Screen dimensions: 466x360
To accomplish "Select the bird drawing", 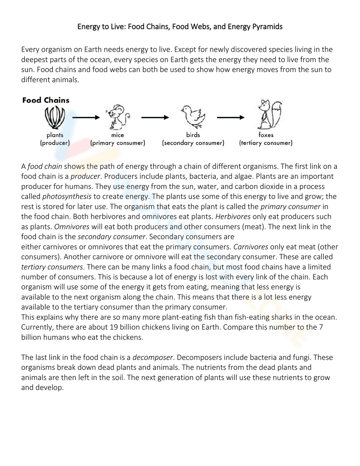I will tap(193, 117).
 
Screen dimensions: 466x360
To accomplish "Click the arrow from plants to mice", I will tap(86, 117).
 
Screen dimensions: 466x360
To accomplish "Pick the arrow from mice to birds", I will tap(155, 117).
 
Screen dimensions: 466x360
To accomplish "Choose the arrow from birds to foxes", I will tap(231, 117).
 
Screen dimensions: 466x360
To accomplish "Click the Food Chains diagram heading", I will tap(46, 100).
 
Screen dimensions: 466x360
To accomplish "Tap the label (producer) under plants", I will tap(55, 143).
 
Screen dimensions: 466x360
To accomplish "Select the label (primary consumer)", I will tap(118, 143).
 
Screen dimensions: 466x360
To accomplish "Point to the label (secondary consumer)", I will tap(193, 143).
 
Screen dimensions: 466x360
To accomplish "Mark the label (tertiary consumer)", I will tap(266, 143).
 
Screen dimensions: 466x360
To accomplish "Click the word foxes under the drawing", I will tap(266, 135).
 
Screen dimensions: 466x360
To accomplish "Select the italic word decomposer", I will tap(153, 358).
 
